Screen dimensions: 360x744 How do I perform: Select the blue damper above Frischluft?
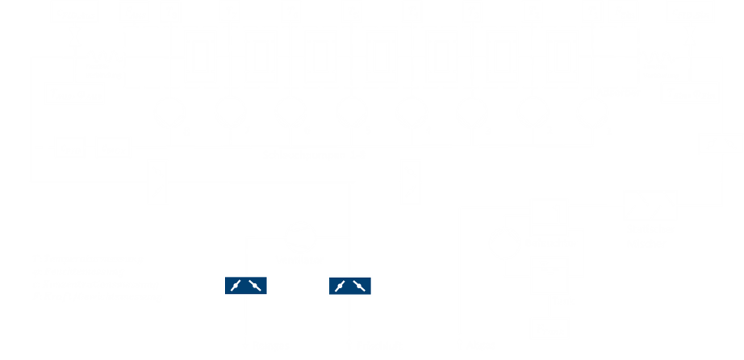(x=349, y=285)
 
